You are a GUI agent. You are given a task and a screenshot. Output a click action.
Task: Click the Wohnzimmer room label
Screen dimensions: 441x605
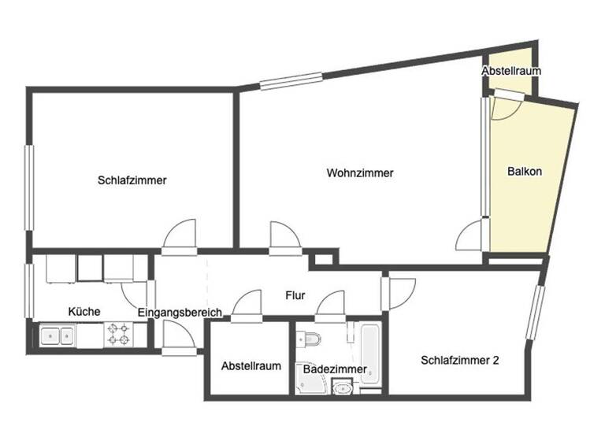tap(360, 173)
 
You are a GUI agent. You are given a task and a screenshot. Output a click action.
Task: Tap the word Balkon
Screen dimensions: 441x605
tap(525, 172)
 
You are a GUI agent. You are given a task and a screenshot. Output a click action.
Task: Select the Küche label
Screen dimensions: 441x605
tap(84, 312)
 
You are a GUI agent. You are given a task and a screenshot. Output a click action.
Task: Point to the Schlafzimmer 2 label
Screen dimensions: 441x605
tap(460, 361)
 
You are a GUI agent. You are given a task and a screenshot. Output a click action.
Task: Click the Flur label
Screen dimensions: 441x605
tap(295, 297)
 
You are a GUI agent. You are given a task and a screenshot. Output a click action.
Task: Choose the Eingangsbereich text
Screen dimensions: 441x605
tap(180, 313)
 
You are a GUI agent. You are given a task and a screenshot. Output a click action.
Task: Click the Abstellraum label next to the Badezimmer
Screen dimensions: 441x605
tap(251, 366)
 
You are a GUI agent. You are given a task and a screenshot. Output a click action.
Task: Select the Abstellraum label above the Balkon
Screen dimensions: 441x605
tap(511, 72)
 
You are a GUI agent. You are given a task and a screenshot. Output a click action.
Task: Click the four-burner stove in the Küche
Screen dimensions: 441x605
tap(119, 335)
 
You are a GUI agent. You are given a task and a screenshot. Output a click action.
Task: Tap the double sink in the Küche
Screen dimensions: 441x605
tap(57, 336)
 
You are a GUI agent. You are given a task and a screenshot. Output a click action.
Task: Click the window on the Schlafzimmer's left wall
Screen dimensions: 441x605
tap(29, 187)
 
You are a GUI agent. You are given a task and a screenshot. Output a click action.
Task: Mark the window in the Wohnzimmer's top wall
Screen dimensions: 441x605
tap(291, 80)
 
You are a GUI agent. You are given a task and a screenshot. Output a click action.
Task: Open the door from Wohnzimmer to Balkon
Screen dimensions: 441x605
tap(472, 234)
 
